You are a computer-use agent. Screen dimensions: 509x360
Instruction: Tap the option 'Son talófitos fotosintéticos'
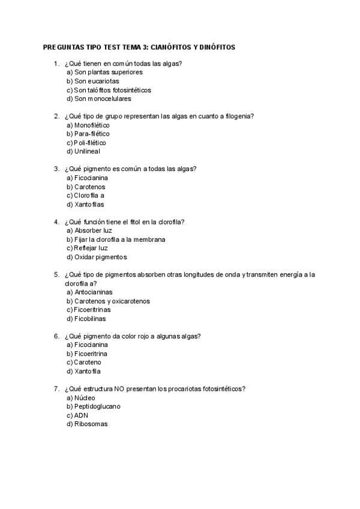click(x=109, y=90)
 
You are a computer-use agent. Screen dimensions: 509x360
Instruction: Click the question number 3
click(x=56, y=169)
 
